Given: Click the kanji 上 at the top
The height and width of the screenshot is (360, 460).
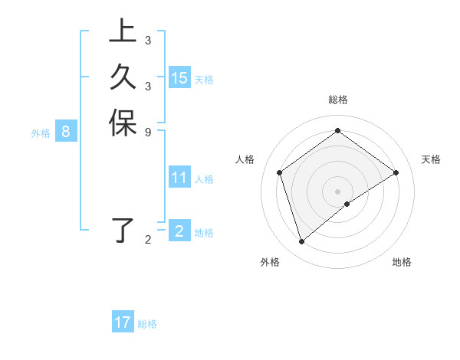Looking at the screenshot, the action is (122, 32).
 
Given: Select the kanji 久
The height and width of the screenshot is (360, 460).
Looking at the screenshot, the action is (122, 77).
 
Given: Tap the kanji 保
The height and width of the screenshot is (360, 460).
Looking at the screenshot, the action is (122, 123).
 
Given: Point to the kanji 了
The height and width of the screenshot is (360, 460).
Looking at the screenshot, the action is (122, 231).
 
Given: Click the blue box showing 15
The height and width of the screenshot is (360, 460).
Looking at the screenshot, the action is (179, 77).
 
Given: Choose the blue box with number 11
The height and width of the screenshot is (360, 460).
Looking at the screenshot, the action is (179, 178).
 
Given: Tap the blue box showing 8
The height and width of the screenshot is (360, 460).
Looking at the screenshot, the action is (66, 132).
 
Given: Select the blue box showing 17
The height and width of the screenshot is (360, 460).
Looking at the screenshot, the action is (123, 322).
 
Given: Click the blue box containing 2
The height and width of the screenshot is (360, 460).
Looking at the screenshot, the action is (179, 231).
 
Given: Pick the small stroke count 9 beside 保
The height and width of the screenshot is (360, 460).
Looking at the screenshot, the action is (147, 132).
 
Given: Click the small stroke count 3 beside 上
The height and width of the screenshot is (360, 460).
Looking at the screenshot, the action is (147, 41).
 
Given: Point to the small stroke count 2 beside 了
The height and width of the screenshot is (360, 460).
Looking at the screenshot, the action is (147, 241).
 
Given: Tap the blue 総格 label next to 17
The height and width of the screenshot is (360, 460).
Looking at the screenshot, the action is (147, 324).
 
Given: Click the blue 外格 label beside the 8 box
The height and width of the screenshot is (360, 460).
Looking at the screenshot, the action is (41, 133).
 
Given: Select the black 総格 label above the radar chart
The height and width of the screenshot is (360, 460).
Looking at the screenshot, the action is (337, 100).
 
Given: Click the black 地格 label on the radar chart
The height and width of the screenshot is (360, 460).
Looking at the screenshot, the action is (402, 262).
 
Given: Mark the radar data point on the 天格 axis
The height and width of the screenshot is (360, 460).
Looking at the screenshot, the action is (396, 172).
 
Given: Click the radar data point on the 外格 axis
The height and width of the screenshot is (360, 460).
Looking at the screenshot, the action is (302, 242).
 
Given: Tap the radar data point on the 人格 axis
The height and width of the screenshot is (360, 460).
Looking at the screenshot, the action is (280, 172).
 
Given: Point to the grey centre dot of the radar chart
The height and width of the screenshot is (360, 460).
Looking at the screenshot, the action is (337, 191).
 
